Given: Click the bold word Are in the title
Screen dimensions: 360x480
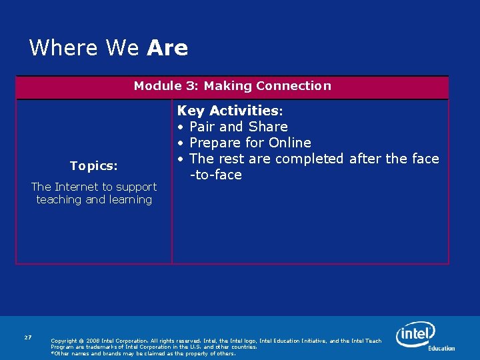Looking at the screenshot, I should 167,48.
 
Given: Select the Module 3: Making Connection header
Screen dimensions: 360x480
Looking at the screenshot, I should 232,86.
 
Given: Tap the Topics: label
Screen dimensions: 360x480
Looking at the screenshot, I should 93,165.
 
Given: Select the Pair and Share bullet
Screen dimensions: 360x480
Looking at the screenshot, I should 238,127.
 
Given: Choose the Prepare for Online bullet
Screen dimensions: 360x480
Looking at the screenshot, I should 250,143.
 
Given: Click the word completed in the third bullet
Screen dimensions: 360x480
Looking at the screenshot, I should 309,159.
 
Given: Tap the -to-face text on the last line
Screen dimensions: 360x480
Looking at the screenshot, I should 215,175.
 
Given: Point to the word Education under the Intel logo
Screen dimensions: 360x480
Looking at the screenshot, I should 441,348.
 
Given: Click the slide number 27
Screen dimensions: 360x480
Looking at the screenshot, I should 27,338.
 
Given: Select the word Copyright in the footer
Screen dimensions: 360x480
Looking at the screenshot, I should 63,341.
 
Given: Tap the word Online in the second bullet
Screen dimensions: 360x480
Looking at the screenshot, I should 289,143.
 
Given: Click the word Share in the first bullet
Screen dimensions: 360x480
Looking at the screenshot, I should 268,127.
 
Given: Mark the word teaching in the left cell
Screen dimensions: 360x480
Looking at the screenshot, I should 59,200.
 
